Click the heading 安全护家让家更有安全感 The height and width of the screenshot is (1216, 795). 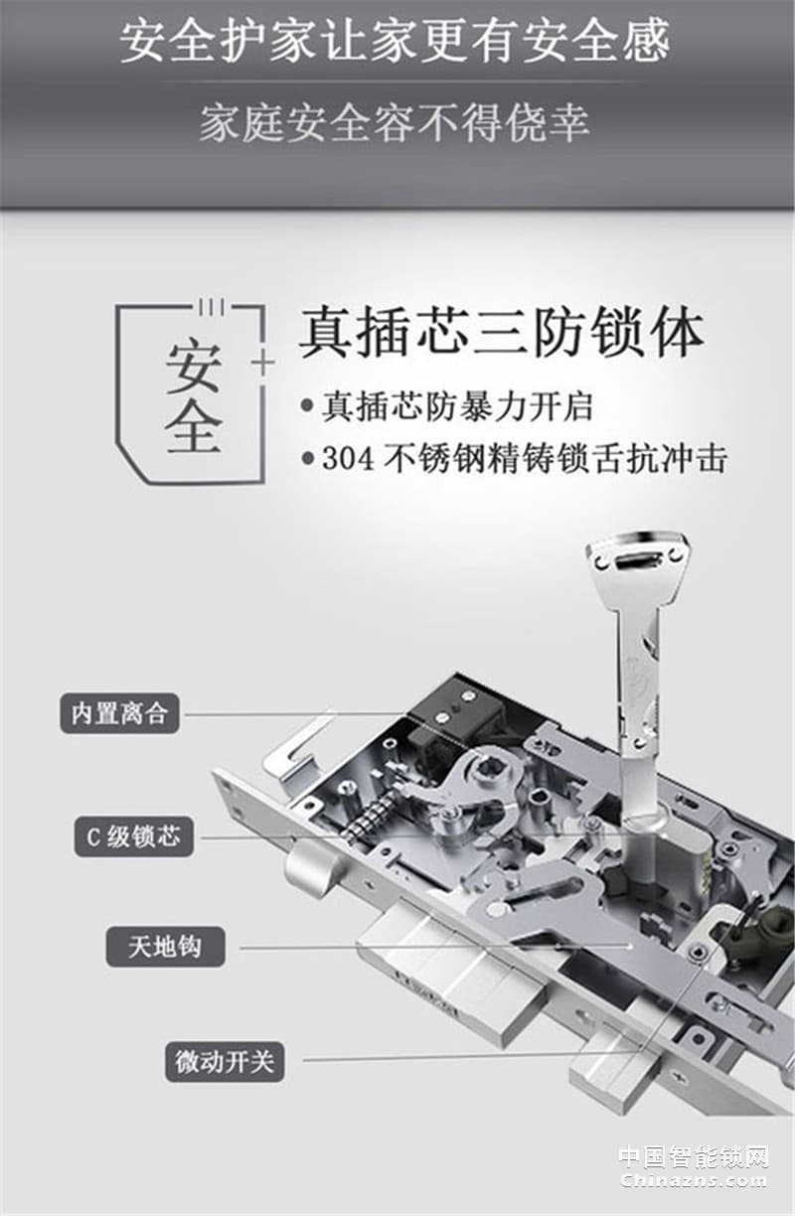click(x=396, y=41)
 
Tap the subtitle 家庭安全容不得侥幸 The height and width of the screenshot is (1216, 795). click(x=396, y=123)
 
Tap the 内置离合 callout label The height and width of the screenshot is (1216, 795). click(x=119, y=713)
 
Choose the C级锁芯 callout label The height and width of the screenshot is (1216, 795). click(x=133, y=836)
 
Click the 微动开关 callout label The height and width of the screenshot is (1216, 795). click(x=224, y=1061)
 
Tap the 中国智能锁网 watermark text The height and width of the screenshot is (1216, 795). click(x=694, y=1157)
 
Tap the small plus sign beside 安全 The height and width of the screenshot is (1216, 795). click(x=262, y=364)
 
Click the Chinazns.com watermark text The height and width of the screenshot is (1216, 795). click(x=694, y=1180)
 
